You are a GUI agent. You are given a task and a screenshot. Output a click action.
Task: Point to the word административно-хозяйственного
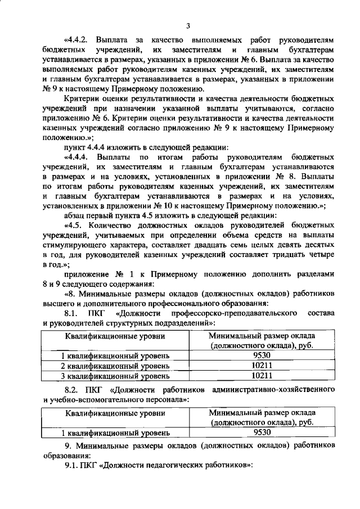[x=271, y=389]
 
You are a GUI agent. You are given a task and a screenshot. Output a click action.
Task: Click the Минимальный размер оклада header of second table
[x=262, y=412]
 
